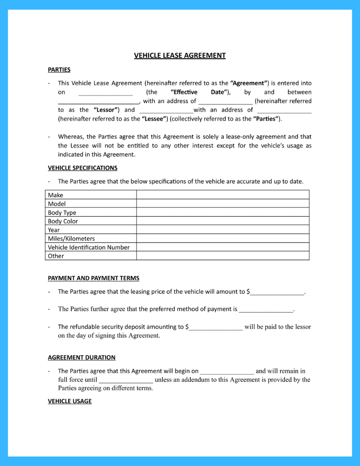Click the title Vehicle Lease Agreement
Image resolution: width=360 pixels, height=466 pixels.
point(180,55)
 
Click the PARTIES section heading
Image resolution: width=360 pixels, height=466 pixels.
point(59,69)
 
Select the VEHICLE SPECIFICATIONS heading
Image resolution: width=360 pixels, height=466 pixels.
point(82,168)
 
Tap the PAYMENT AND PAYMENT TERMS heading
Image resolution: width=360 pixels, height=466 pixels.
point(93,278)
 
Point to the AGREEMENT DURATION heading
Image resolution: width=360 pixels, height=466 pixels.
point(82,358)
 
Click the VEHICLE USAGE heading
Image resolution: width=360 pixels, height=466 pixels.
point(69,401)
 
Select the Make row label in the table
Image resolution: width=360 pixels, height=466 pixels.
point(55,195)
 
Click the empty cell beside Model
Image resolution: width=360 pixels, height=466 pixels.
point(223,204)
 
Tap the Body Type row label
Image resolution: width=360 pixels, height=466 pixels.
point(62,213)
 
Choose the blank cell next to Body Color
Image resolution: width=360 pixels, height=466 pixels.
point(223,221)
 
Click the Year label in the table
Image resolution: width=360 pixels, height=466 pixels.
point(54,230)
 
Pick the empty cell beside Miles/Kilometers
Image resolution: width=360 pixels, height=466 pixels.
point(223,239)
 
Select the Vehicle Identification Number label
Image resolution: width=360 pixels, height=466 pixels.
point(88,247)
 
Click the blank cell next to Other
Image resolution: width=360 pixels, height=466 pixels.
point(223,256)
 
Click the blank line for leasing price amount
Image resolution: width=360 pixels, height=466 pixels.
point(277,292)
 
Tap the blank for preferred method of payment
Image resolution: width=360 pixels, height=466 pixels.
point(266,309)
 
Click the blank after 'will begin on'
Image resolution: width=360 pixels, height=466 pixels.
point(227,372)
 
